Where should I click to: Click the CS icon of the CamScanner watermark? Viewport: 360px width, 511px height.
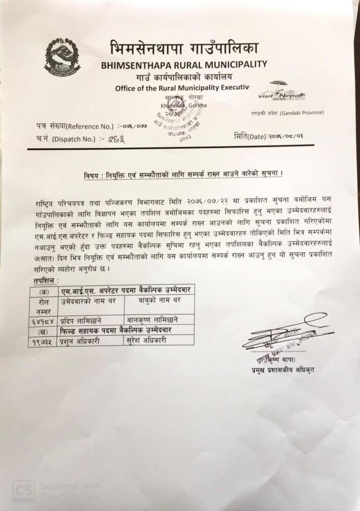[23, 490]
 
